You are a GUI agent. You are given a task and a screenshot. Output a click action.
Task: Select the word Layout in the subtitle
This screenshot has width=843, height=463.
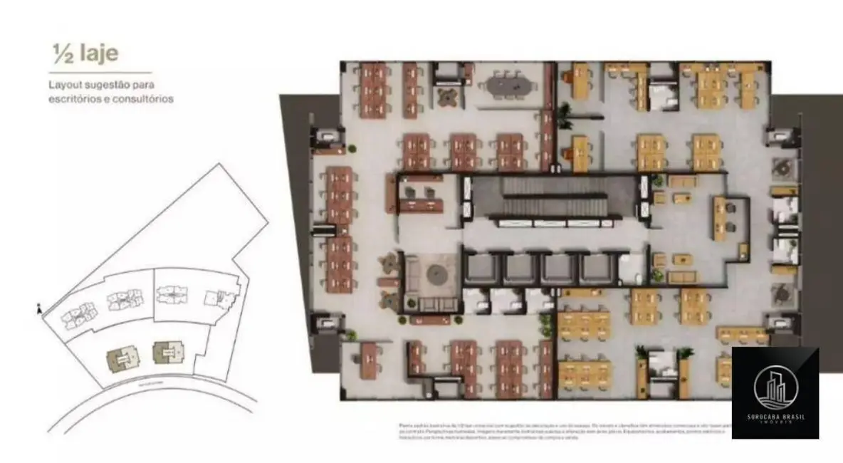click(66, 84)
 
